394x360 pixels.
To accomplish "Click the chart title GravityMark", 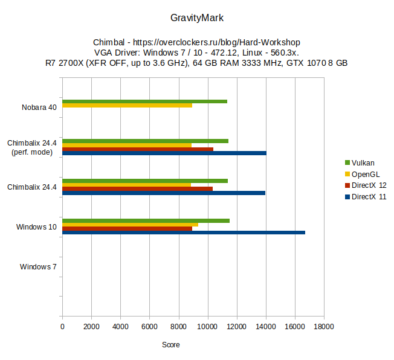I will (x=197, y=18).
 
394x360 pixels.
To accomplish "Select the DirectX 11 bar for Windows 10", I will (x=183, y=233).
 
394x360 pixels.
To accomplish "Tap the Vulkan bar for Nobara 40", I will (x=144, y=101).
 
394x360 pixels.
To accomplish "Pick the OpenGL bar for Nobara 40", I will (x=127, y=105).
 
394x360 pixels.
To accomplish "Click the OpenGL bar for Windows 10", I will (x=130, y=225).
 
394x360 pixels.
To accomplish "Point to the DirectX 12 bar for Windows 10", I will (x=127, y=228).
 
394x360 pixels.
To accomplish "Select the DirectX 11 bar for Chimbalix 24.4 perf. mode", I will (x=164, y=153).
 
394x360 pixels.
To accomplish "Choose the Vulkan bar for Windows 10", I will (x=146, y=220).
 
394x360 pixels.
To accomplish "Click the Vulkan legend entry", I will (x=363, y=162).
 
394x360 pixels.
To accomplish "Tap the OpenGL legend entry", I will (x=365, y=174).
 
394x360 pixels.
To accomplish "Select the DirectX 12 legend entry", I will (x=369, y=185).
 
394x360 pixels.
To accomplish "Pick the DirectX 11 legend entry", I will (x=369, y=197).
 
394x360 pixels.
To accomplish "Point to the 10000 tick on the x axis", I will (x=207, y=327).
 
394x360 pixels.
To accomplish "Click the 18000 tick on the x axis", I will (x=323, y=327).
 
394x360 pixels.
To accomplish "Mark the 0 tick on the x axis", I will (x=62, y=327).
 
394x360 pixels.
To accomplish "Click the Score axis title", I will (x=171, y=345).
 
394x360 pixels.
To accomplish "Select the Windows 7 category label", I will (x=38, y=266).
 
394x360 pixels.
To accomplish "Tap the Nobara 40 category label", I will (x=39, y=108).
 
